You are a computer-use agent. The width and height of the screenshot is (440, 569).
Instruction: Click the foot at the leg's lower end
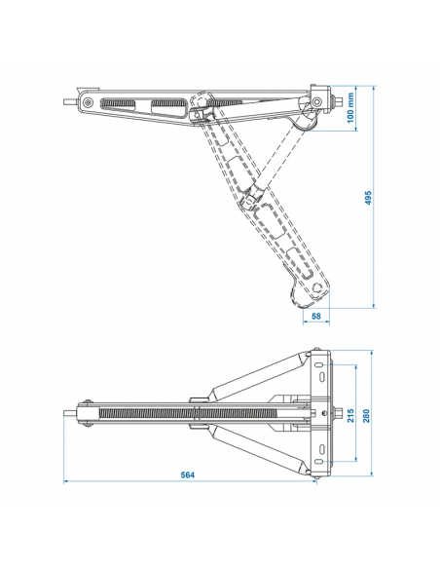(x=311, y=291)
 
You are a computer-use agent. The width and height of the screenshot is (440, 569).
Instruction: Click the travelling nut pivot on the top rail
(x=202, y=107)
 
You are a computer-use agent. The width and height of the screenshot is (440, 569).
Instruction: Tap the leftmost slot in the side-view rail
(x=124, y=104)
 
